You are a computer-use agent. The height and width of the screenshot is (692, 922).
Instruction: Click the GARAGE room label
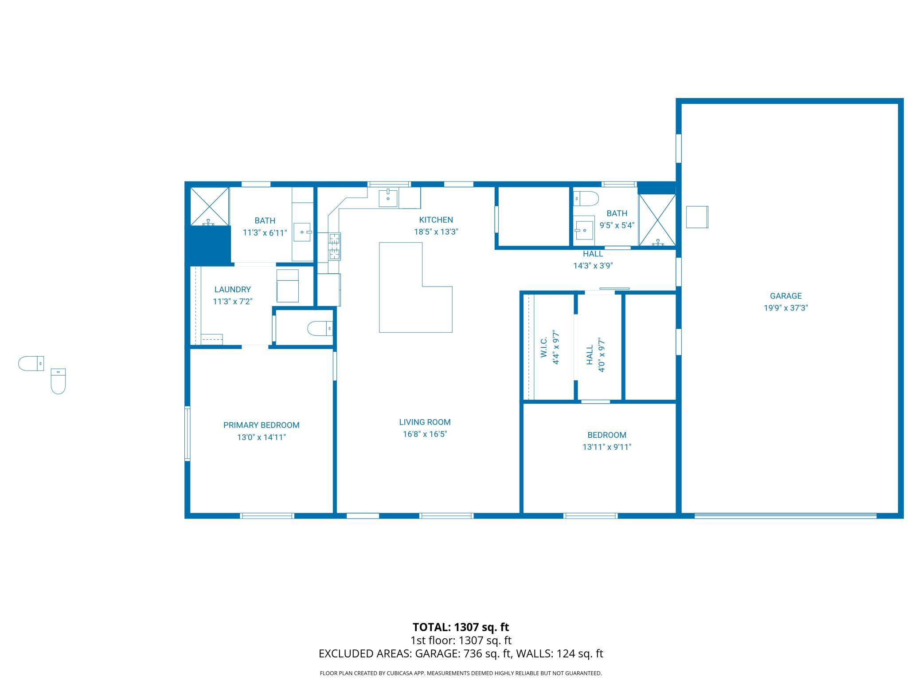785,296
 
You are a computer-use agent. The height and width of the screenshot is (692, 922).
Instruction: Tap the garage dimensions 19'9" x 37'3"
785,308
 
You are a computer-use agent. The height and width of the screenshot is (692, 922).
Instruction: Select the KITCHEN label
436,220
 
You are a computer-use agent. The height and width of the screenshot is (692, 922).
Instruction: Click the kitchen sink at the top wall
388,197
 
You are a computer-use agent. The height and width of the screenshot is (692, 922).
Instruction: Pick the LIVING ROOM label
425,422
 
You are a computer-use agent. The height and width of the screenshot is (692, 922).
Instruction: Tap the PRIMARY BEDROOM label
262,425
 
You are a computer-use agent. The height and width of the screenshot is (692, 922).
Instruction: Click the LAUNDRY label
233,289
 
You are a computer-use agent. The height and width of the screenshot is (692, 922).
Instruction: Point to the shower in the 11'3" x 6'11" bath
210,207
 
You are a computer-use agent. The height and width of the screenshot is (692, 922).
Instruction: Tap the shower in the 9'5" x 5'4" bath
657,220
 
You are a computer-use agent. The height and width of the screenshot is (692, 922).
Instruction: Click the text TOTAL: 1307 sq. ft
461,627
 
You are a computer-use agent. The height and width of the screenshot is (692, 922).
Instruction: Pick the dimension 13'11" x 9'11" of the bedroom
607,447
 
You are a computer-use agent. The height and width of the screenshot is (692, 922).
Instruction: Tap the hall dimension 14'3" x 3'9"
593,266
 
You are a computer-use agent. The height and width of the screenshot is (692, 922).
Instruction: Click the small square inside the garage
697,217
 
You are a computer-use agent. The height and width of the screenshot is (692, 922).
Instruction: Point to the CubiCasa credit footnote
461,673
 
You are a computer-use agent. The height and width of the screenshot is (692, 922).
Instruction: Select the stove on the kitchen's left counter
334,247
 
